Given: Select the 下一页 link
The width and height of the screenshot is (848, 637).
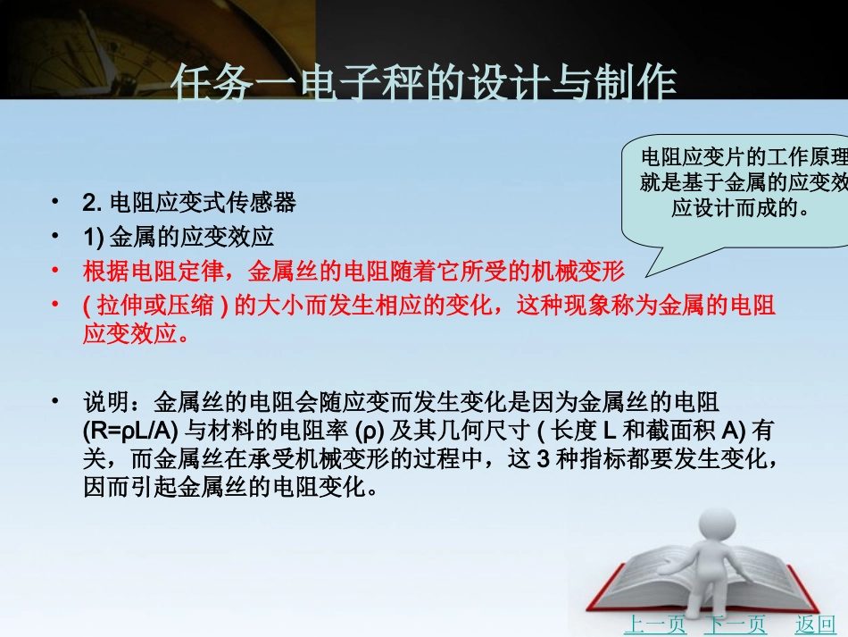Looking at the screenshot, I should tap(735, 624).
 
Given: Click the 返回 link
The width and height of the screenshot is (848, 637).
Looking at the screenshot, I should tap(815, 624).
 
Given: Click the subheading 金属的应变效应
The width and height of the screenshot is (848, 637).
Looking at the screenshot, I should tap(191, 238).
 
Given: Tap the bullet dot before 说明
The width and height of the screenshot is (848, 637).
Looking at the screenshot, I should tap(58, 399).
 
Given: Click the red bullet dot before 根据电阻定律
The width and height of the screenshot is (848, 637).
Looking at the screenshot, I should tap(58, 271).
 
